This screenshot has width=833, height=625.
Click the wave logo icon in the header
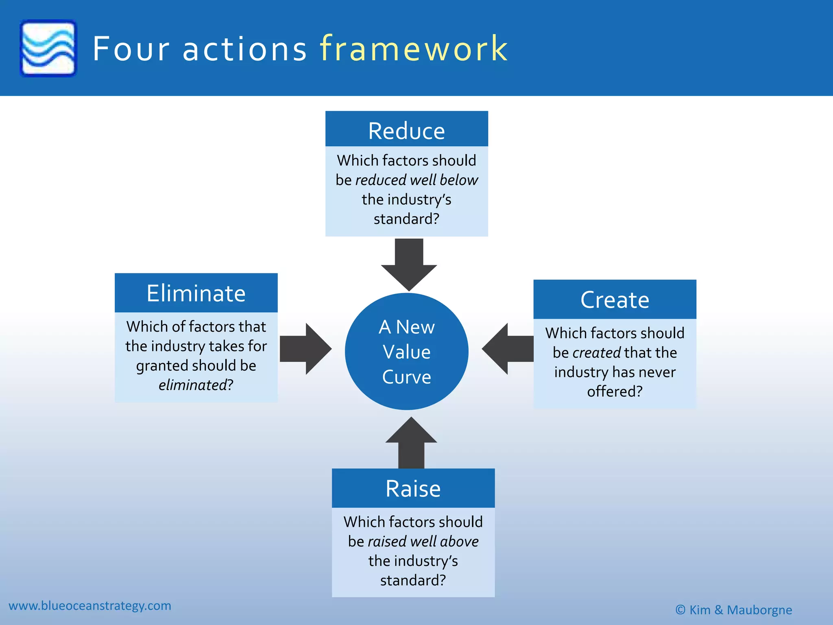[x=48, y=48]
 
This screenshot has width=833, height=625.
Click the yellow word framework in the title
[x=414, y=49]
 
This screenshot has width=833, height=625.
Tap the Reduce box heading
[x=406, y=131]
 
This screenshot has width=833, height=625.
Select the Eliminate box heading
[x=196, y=293]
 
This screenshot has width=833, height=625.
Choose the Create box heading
[x=615, y=299]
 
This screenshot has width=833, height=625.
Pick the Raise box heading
[x=413, y=488]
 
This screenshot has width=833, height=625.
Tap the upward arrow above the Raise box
[x=411, y=442]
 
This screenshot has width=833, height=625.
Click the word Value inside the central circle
[x=406, y=352]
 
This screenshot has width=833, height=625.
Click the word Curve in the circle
[x=406, y=377]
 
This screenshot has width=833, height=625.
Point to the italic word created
[x=596, y=353]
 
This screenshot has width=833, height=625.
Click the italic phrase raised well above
[x=423, y=542]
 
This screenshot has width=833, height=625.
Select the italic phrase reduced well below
[x=416, y=180]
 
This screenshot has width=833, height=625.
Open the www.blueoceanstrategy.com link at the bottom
[x=90, y=605]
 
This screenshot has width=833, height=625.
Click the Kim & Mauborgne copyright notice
[x=734, y=610]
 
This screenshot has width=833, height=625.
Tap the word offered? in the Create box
[x=615, y=391]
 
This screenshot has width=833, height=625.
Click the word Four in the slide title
[x=131, y=49]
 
